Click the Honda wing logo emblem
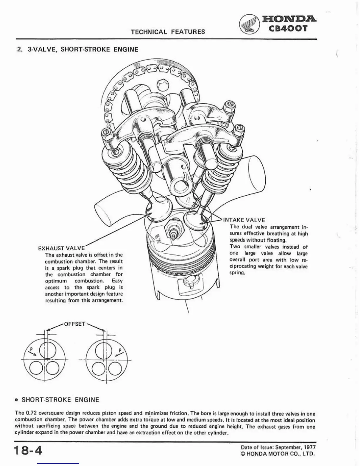click(249, 24)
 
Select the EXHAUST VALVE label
click(61, 248)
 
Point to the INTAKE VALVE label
click(244, 220)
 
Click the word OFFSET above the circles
click(75, 324)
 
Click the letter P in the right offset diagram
click(120, 350)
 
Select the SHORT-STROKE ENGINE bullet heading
click(60, 400)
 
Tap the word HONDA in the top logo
click(289, 19)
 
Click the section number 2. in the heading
click(20, 49)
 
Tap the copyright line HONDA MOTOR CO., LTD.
click(281, 454)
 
